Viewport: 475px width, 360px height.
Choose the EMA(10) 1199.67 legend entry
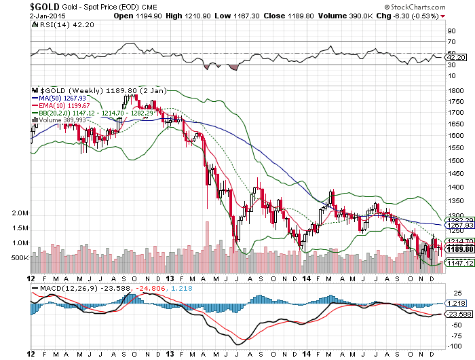[x=64, y=105]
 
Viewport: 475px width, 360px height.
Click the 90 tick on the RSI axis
[x=450, y=31]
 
